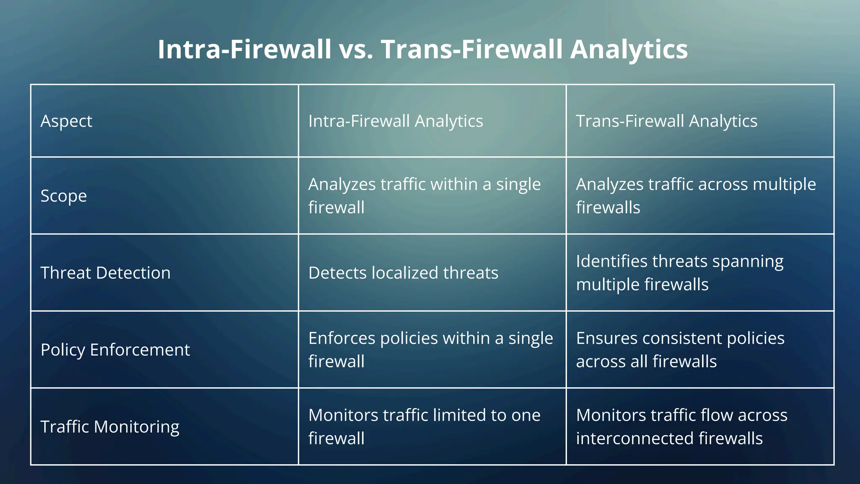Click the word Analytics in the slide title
(x=629, y=50)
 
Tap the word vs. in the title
(x=356, y=50)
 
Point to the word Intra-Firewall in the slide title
(x=244, y=50)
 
